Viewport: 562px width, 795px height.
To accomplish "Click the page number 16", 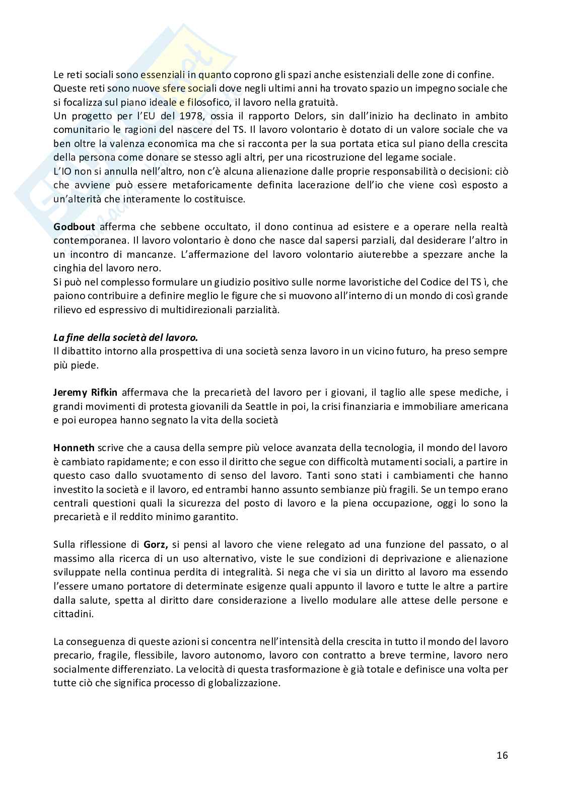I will [502, 755].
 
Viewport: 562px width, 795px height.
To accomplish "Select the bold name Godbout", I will [74, 227].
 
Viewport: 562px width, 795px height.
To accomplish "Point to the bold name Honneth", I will [74, 448].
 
